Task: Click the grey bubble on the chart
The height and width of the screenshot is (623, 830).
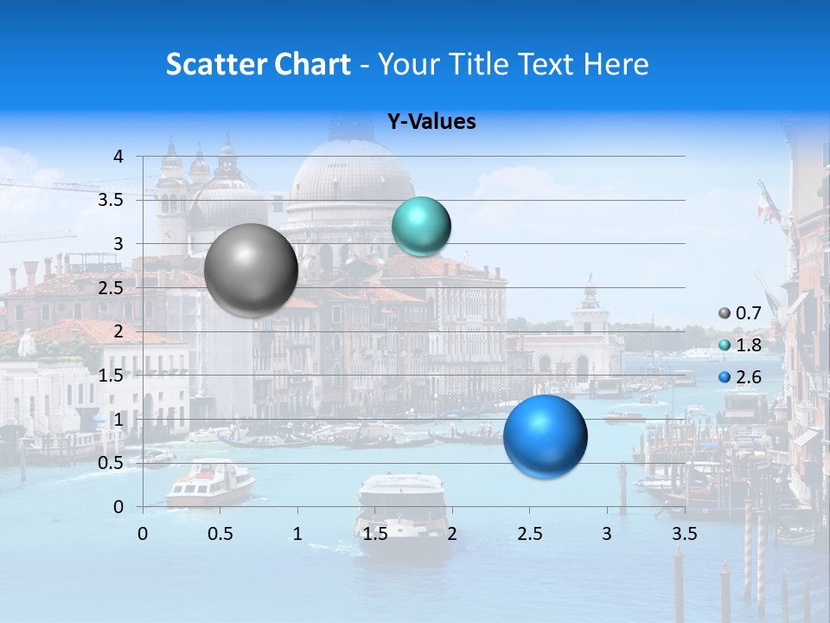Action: coord(251,270)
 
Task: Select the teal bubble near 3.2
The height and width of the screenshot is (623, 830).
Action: coord(421,227)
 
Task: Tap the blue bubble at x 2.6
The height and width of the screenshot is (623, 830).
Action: coord(545,436)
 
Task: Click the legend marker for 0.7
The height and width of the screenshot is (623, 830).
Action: coord(725,314)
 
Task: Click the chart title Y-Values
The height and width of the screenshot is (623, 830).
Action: coord(431,122)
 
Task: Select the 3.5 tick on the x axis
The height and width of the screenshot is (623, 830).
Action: coord(685,533)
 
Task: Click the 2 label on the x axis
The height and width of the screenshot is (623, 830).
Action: coord(452,533)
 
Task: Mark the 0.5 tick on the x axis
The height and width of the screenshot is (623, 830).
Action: coord(220,533)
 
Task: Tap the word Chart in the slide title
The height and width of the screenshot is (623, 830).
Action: coord(312,64)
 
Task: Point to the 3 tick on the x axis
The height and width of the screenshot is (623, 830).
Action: coord(607,533)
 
